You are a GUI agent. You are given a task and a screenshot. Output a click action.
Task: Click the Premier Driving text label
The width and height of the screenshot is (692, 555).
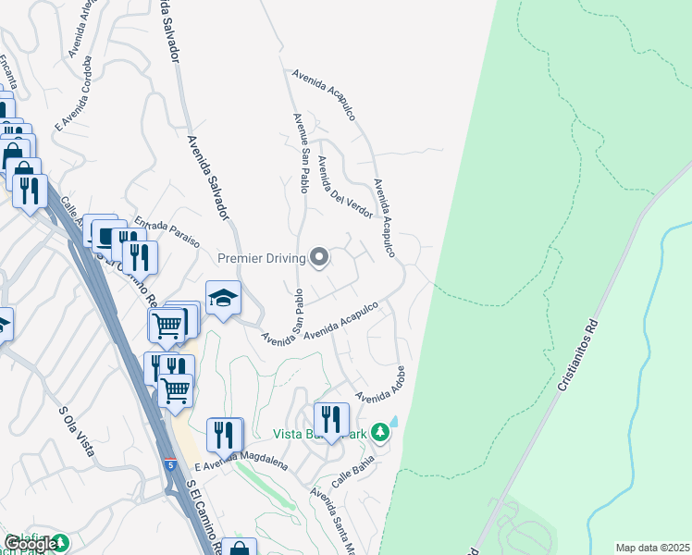[262, 258]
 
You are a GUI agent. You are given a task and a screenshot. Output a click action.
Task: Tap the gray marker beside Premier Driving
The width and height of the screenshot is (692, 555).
[320, 257]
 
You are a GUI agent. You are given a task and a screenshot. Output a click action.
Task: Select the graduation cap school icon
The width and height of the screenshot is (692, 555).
[223, 298]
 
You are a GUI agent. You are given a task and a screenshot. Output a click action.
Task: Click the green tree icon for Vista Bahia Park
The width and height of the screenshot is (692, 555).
[379, 433]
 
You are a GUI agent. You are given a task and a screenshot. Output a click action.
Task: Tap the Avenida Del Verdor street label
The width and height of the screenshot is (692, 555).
[344, 187]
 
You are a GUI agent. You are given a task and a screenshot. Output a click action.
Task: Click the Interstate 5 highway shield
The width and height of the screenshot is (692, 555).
[170, 463]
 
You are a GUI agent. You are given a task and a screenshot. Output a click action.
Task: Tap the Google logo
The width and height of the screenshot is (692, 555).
[30, 545]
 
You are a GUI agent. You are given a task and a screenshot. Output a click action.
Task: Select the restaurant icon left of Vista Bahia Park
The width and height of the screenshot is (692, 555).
[330, 419]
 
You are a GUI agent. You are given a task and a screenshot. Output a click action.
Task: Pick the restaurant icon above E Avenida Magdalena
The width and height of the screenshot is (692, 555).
[223, 434]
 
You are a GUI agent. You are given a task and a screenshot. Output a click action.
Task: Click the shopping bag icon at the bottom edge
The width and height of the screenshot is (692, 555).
[239, 549]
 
